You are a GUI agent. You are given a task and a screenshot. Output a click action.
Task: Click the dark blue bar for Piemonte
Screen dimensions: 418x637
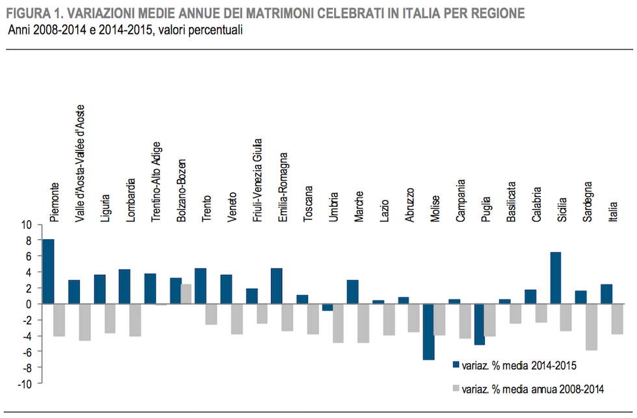click(48, 271)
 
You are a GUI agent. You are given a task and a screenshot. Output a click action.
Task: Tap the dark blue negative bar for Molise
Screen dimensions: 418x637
click(428, 332)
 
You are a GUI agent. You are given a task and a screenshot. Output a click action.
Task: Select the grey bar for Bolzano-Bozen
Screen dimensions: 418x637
click(185, 294)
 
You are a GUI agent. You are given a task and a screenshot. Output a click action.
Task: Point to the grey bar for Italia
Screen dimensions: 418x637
click(616, 319)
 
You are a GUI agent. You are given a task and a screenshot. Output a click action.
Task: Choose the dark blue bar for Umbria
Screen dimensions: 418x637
click(327, 307)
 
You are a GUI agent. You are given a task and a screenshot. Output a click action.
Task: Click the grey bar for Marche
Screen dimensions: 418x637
click(363, 322)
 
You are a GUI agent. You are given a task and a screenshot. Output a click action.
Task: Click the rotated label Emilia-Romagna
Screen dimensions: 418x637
click(283, 187)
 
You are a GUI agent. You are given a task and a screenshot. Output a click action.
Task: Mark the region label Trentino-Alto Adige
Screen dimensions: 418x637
click(157, 183)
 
